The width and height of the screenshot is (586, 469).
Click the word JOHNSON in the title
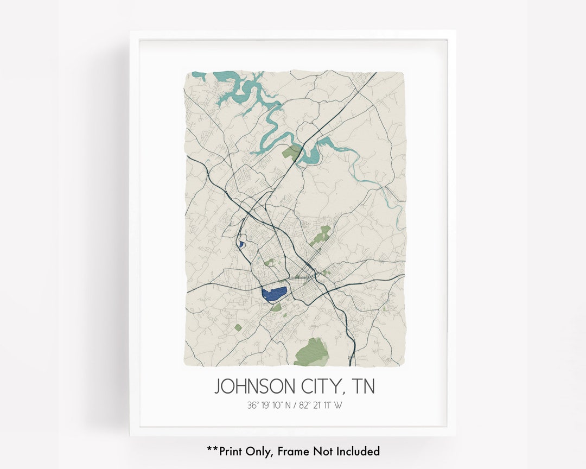pyautogui.click(x=255, y=386)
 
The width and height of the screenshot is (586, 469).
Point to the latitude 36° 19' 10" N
pyautogui.click(x=267, y=405)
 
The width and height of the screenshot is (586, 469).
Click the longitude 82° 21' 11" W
pyautogui.click(x=321, y=405)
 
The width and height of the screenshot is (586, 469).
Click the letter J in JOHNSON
pyautogui.click(x=218, y=387)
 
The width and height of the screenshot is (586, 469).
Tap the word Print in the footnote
pyautogui.click(x=232, y=451)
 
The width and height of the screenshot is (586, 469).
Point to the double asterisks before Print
pyautogui.click(x=212, y=449)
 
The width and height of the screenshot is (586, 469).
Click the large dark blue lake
pyautogui.click(x=274, y=294)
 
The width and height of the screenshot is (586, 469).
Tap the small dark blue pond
pyautogui.click(x=240, y=244)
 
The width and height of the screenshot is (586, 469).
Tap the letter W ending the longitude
pyautogui.click(x=339, y=405)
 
